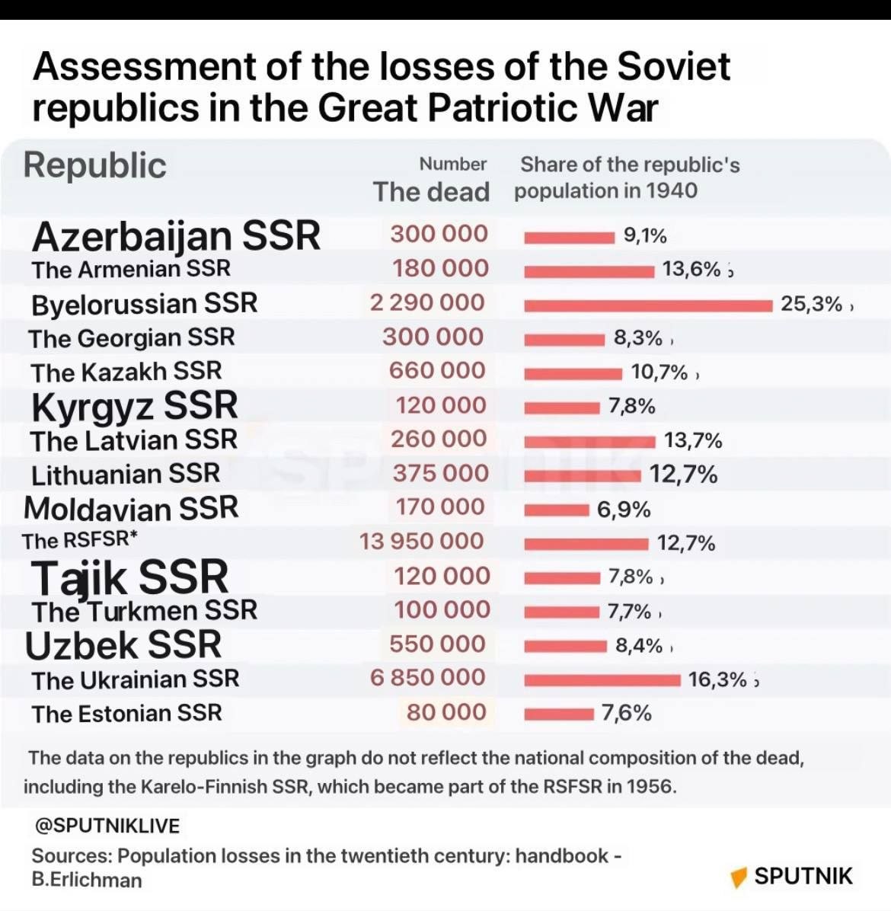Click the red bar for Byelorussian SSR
(647, 305)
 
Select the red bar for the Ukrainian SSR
(602, 679)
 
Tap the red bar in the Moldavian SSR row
(556, 510)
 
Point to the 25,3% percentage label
(811, 305)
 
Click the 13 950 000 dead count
(421, 542)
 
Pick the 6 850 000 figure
(427, 678)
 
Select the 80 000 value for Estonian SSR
(445, 712)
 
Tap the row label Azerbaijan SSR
(176, 236)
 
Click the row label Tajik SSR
(129, 577)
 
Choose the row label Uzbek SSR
(123, 645)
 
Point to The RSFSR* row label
(80, 541)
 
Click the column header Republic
(94, 165)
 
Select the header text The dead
(431, 192)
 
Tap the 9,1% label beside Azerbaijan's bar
(644, 236)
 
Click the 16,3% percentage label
(717, 679)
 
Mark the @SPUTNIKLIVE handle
(106, 826)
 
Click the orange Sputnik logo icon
(738, 877)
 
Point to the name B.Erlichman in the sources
(87, 880)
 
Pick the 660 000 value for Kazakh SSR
(436, 371)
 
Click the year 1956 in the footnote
(650, 786)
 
